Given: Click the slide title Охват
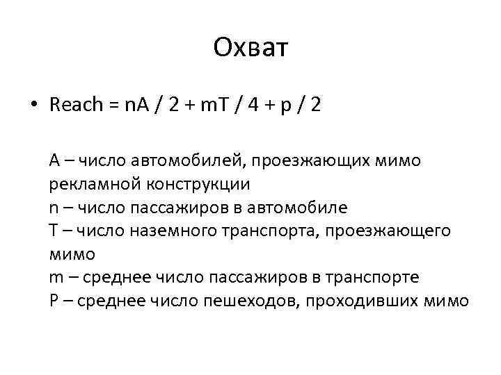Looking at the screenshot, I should [x=250, y=49].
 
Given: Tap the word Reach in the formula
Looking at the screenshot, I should [x=77, y=106].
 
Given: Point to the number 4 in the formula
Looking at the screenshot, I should [x=254, y=106].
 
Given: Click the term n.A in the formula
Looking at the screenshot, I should [x=137, y=106].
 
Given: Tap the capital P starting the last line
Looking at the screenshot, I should [x=54, y=300].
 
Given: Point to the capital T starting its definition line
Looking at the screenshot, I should [x=54, y=231].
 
